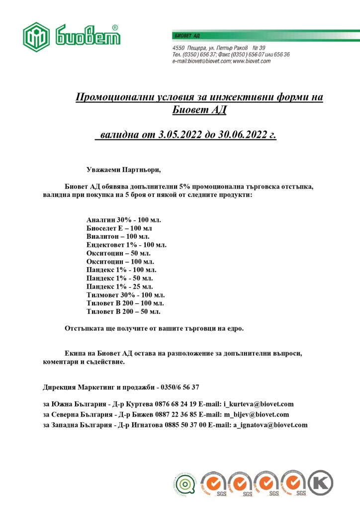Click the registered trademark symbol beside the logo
click(115, 28)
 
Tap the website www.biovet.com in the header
click(252, 61)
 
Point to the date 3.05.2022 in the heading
click(178, 135)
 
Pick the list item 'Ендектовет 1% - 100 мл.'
click(126, 245)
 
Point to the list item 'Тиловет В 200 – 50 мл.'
click(123, 312)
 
